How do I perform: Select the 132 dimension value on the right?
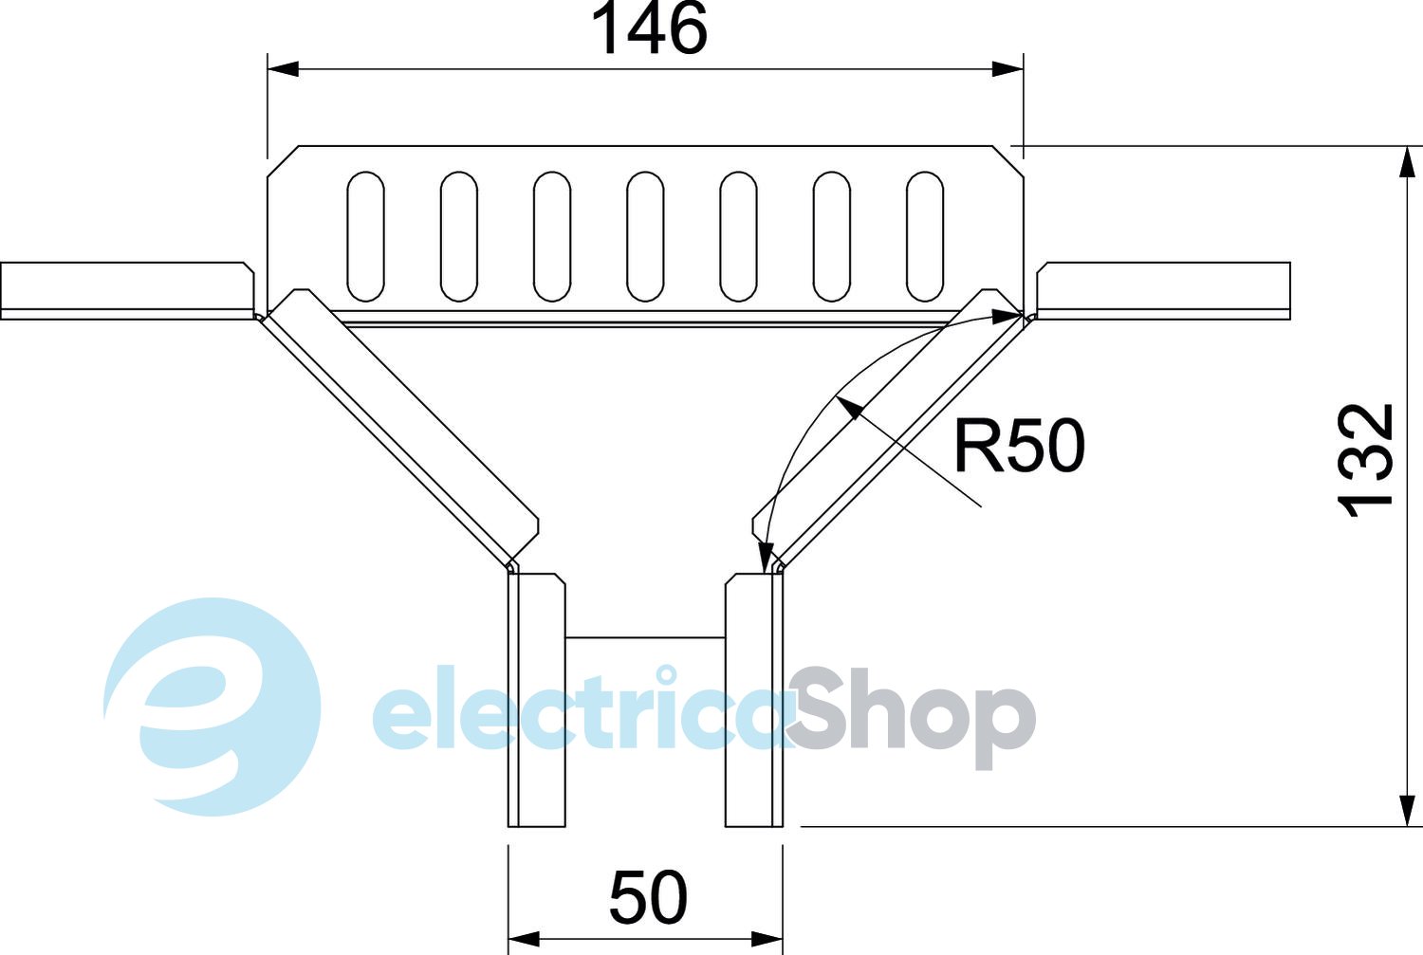tap(1366, 461)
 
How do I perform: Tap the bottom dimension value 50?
tap(648, 897)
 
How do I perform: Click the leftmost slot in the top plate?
tap(365, 236)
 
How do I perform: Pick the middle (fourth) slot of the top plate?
tap(645, 236)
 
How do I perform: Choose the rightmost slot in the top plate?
tap(925, 236)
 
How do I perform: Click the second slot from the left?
tap(458, 236)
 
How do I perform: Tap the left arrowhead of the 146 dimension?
tap(283, 68)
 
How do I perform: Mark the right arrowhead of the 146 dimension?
tap(1007, 68)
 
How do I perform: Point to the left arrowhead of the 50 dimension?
tap(524, 939)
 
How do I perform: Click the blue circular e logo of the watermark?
tap(211, 707)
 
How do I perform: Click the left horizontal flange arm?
tap(126, 289)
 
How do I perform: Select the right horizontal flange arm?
tap(1164, 289)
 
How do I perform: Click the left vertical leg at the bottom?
tap(537, 700)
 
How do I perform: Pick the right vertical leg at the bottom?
tap(754, 700)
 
